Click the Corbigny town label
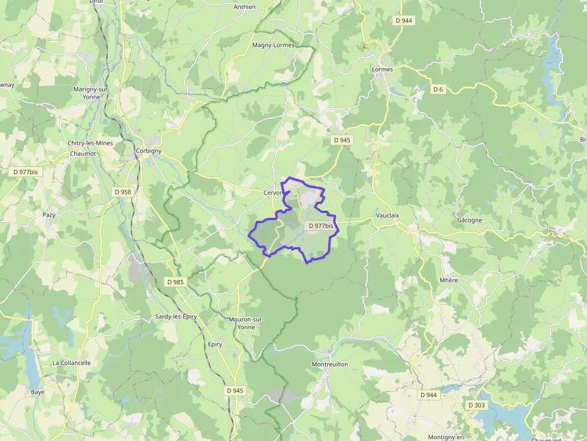pyautogui.click(x=149, y=151)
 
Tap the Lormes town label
pyautogui.click(x=382, y=69)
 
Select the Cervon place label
pyautogui.click(x=273, y=193)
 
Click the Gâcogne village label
pyautogui.click(x=469, y=220)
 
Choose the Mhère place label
pyautogui.click(x=448, y=280)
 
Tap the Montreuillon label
pyautogui.click(x=329, y=364)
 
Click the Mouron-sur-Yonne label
pyautogui.click(x=246, y=323)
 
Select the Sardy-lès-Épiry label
pyautogui.click(x=176, y=317)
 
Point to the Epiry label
pyautogui.click(x=214, y=345)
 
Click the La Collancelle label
pyautogui.click(x=71, y=363)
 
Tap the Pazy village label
pyautogui.click(x=49, y=215)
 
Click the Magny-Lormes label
pyautogui.click(x=273, y=45)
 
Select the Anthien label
pyautogui.click(x=244, y=7)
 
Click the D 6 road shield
pyautogui.click(x=439, y=89)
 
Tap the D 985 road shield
pyautogui.click(x=176, y=282)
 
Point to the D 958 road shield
pyautogui.click(x=122, y=192)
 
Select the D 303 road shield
pyautogui.click(x=477, y=405)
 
